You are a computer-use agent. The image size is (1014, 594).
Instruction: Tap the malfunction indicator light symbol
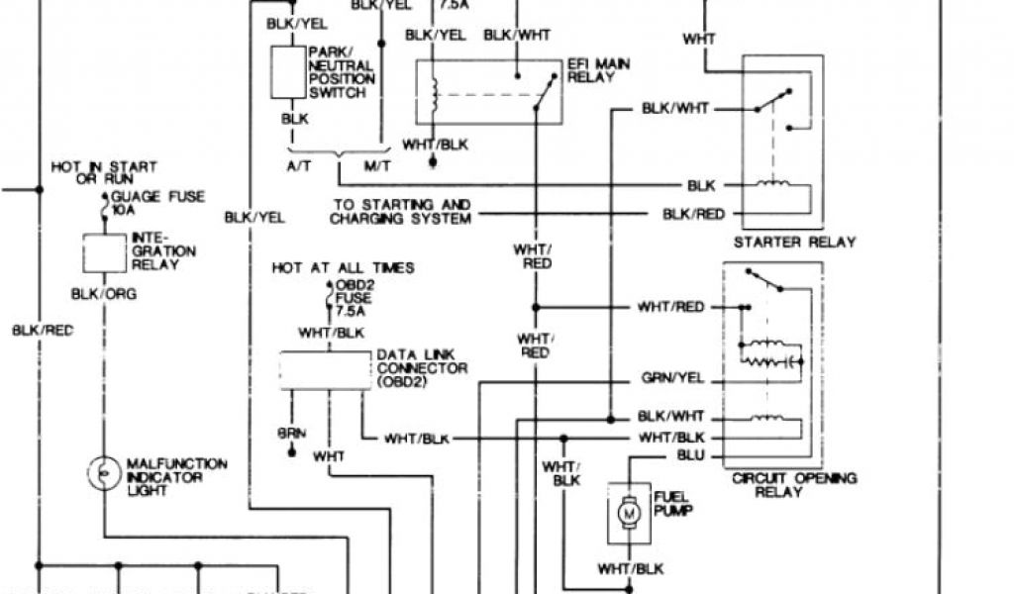(x=103, y=474)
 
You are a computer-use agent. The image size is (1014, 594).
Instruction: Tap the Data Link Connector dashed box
(x=326, y=369)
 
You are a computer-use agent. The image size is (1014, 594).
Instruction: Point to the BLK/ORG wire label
(x=104, y=294)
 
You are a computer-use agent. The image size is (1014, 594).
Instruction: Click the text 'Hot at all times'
(x=344, y=268)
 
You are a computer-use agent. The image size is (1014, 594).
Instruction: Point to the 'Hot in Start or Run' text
(x=104, y=173)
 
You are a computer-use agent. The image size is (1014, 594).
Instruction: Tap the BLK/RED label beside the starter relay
(x=693, y=214)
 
